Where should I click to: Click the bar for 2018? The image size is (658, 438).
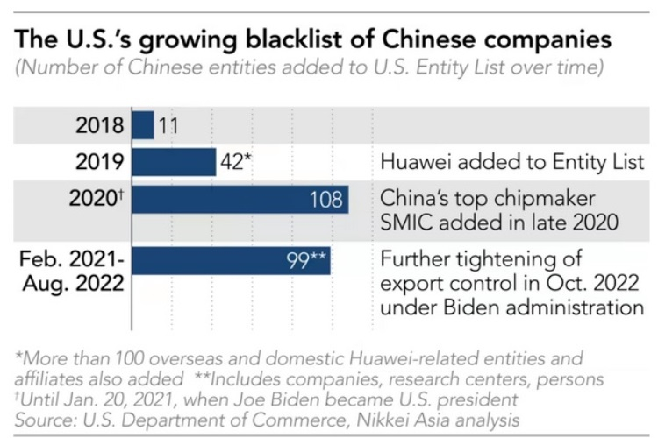coord(143,124)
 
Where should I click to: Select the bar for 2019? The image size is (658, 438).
coord(174,162)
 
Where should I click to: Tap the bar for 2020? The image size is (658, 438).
coord(240,200)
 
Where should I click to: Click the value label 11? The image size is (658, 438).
coord(169,125)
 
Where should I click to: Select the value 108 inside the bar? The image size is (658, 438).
coord(325,200)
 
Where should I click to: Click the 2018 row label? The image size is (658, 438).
coord(101,125)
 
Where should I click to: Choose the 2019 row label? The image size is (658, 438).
coord(101,162)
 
